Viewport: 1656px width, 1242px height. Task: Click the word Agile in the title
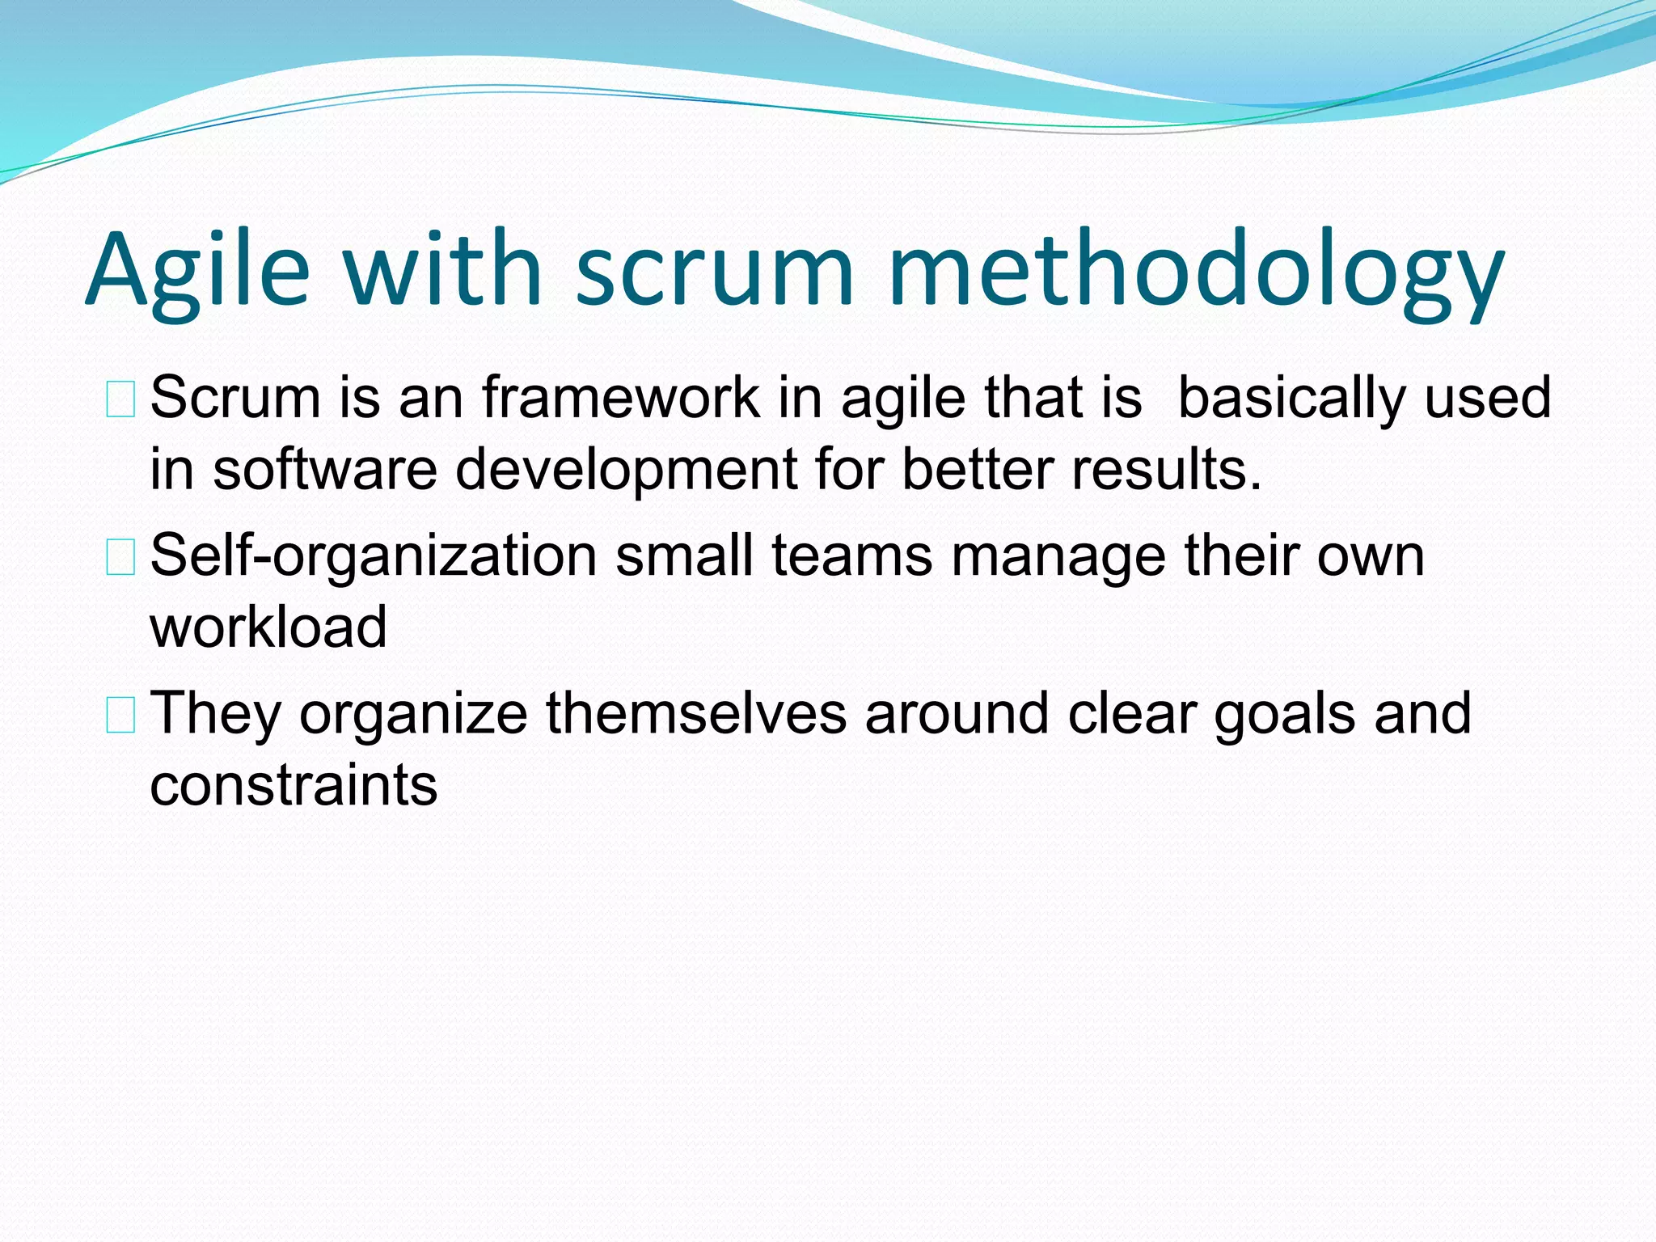pyautogui.click(x=197, y=271)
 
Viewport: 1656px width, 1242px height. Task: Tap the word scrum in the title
pyautogui.click(x=714, y=271)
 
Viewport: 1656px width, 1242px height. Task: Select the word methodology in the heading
pyautogui.click(x=1196, y=271)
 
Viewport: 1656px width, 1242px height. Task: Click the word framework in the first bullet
pyautogui.click(x=621, y=398)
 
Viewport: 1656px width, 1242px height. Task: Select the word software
pyautogui.click(x=325, y=470)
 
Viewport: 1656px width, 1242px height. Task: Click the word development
pyautogui.click(x=627, y=471)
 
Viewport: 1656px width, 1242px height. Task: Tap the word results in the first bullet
pyautogui.click(x=1164, y=470)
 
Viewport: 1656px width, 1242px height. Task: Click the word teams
pyautogui.click(x=852, y=556)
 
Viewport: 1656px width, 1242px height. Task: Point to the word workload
pyautogui.click(x=268, y=627)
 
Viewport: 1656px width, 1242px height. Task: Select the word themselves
pyautogui.click(x=696, y=714)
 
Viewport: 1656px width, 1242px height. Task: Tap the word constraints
pyautogui.click(x=294, y=786)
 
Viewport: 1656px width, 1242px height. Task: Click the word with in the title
pyautogui.click(x=443, y=271)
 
